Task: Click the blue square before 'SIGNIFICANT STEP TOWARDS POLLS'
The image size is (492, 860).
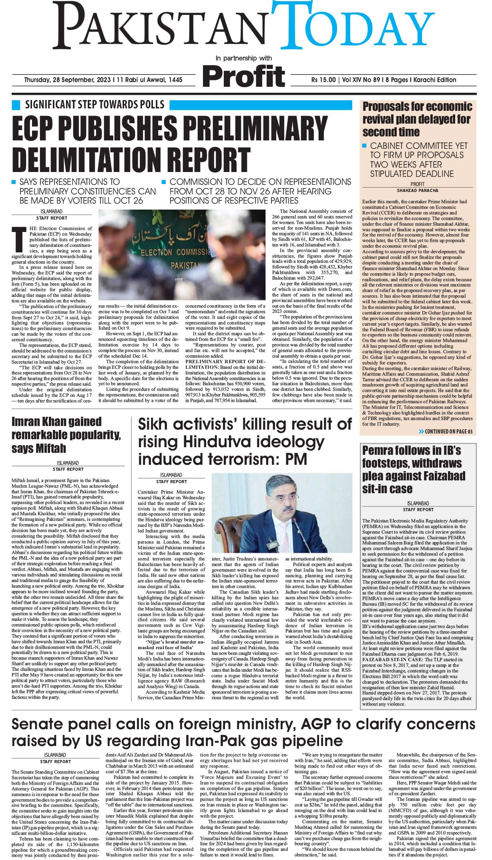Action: point(16,105)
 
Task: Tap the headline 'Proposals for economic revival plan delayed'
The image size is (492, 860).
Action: point(417,119)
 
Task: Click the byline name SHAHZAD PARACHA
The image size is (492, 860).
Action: point(418,190)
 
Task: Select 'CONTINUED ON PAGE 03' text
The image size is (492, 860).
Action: point(448,432)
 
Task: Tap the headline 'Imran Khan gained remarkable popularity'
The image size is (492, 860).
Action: point(66,434)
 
